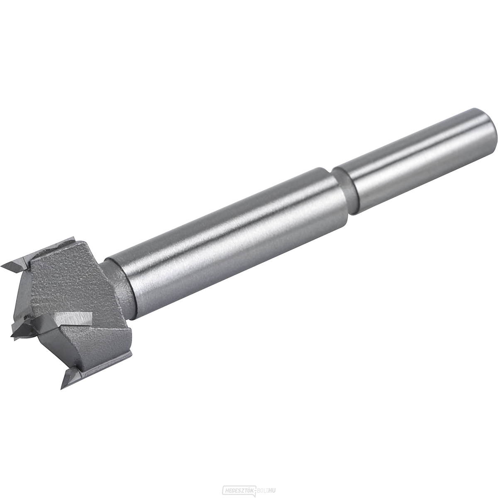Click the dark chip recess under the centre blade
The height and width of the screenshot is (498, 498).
click(46, 344)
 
